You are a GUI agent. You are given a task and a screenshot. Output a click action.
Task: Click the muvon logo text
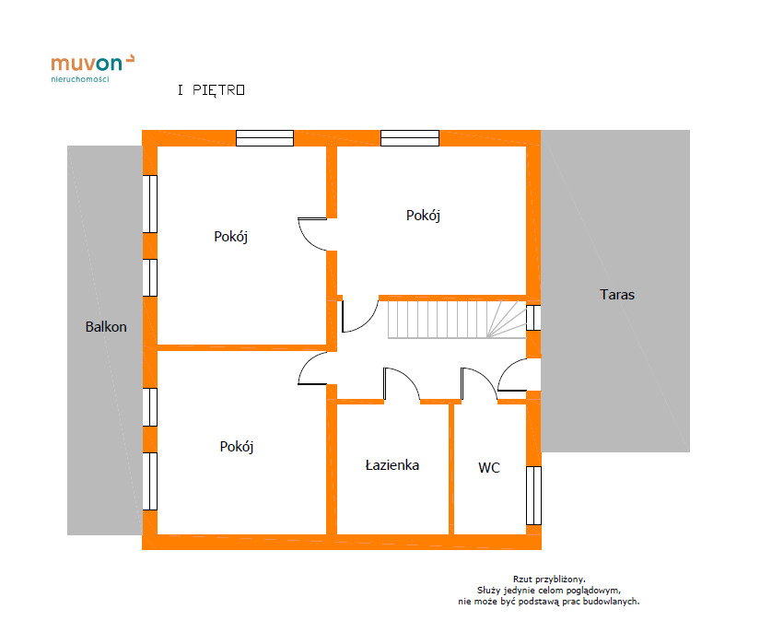tap(87, 64)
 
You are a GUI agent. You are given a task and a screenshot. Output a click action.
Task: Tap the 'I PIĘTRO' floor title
tap(211, 90)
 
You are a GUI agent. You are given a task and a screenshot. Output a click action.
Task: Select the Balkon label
tap(106, 326)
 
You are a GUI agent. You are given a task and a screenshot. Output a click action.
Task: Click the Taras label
tap(617, 294)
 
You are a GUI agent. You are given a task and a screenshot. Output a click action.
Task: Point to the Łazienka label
tap(392, 465)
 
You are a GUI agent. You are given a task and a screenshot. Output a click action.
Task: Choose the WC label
tap(489, 468)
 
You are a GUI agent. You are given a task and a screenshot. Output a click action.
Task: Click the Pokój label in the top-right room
tap(423, 216)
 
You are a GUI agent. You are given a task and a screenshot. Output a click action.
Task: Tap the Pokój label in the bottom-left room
tap(237, 447)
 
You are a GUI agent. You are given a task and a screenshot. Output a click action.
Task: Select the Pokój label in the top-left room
tap(230, 237)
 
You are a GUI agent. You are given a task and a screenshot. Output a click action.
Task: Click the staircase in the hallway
tap(457, 320)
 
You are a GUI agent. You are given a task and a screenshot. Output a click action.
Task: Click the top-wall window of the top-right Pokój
tap(410, 138)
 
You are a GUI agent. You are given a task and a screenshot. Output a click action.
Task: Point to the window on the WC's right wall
tap(533, 496)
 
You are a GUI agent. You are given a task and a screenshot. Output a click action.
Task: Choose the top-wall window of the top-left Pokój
tap(264, 138)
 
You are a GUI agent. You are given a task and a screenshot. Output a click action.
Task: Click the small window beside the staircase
tap(533, 318)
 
